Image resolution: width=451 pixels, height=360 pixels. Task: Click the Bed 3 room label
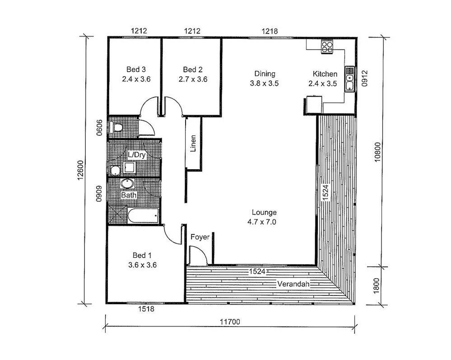tap(136, 69)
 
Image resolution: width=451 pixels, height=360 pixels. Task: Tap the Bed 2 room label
tap(193, 69)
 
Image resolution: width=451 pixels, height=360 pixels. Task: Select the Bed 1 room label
tap(142, 255)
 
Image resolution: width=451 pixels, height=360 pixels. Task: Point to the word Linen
tap(193, 143)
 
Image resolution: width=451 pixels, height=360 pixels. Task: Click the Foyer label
tap(200, 237)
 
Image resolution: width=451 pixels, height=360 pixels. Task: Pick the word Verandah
tap(293, 284)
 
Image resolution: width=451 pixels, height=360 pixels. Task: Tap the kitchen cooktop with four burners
tap(327, 47)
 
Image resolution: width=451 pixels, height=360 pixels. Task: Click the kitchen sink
tap(349, 79)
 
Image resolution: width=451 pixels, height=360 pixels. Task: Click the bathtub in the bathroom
tap(143, 215)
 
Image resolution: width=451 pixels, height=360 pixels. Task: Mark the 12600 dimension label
tap(80, 170)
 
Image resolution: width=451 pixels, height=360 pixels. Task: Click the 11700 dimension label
tap(230, 322)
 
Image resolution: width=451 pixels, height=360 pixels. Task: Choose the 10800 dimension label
tap(377, 152)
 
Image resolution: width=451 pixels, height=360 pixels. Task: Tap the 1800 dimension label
tap(377, 286)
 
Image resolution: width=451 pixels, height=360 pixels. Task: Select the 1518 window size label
tap(146, 309)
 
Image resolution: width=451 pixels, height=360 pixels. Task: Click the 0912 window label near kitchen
tap(364, 78)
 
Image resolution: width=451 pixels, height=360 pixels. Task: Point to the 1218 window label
tap(270, 31)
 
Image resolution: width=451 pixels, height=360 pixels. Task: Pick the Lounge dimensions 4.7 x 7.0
tap(262, 222)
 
